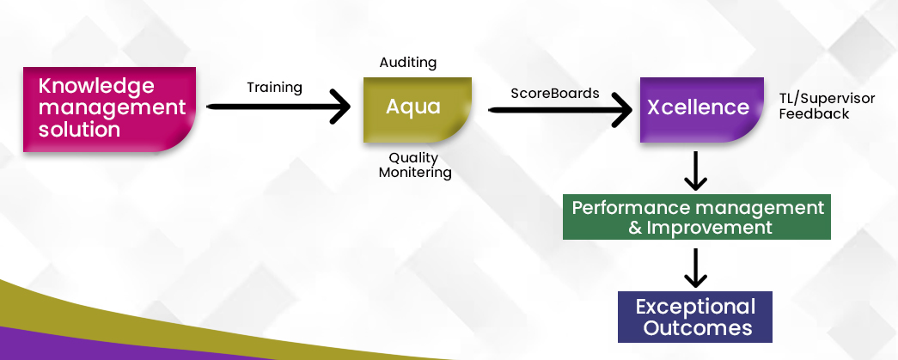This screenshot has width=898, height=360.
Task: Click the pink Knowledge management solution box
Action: (109, 109)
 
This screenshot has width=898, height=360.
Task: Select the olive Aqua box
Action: (418, 110)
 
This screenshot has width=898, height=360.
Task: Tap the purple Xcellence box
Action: (701, 110)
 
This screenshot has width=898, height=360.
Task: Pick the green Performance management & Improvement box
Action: (696, 217)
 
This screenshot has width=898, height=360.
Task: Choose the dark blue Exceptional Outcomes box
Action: (695, 317)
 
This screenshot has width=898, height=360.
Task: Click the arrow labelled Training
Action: (278, 107)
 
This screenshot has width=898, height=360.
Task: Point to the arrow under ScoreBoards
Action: (560, 109)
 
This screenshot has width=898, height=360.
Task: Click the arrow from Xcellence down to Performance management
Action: (695, 171)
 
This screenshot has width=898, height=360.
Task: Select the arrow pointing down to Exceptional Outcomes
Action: (695, 267)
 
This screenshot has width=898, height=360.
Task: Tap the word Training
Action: (274, 88)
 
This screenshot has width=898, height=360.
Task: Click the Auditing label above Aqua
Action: (408, 63)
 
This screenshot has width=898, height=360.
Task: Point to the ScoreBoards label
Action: (555, 93)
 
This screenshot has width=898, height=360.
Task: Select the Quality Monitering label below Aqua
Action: (415, 165)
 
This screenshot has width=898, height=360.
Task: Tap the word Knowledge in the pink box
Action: (96, 86)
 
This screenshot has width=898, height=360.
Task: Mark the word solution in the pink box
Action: (79, 129)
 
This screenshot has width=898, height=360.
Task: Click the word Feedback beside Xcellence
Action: (814, 114)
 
